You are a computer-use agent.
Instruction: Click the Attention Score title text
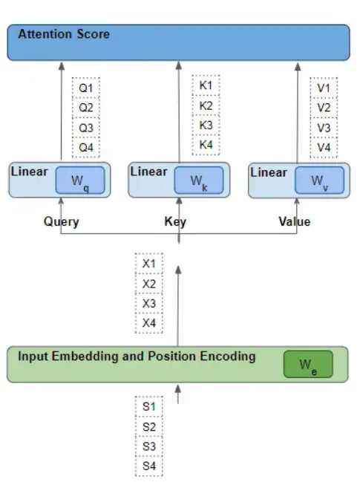click(64, 34)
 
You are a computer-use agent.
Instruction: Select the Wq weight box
click(80, 180)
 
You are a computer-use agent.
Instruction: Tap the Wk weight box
click(199, 180)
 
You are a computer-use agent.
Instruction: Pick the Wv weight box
click(320, 180)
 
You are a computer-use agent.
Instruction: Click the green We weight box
click(308, 365)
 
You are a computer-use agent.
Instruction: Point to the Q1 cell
click(86, 88)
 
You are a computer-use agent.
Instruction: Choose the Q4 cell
click(86, 147)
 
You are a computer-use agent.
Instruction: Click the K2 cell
click(206, 105)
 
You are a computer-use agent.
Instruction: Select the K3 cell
click(206, 125)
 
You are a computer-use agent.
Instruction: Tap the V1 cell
click(324, 88)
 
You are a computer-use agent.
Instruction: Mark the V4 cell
click(324, 147)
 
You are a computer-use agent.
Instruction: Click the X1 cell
click(149, 264)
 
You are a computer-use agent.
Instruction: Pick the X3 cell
click(149, 303)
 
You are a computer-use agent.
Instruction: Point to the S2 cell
click(149, 426)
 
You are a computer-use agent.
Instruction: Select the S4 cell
click(149, 466)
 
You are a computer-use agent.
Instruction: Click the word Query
click(62, 222)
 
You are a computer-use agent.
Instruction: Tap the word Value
click(295, 221)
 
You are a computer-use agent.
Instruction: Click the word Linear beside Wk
click(148, 172)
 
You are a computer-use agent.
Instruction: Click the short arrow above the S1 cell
click(178, 394)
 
